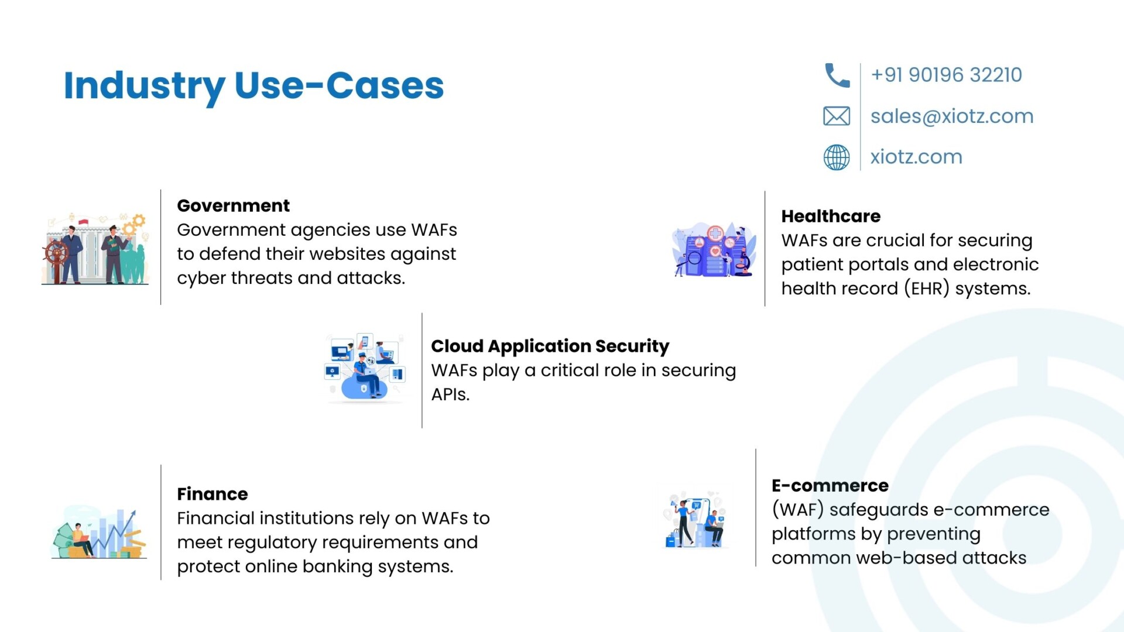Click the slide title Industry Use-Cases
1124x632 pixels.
(x=253, y=86)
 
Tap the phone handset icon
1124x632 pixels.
(x=837, y=75)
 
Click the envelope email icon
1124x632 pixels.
(x=837, y=116)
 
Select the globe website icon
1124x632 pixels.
(x=837, y=157)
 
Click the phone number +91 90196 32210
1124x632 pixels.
(x=946, y=75)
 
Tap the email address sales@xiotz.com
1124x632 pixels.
(x=952, y=116)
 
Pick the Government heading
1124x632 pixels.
(x=233, y=206)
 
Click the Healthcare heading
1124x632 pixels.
(x=831, y=217)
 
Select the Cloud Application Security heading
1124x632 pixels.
(x=550, y=346)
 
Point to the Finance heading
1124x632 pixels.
(x=212, y=494)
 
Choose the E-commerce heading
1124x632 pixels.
(x=830, y=486)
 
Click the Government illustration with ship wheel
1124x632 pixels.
(x=95, y=249)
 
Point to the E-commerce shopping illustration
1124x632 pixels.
(x=695, y=520)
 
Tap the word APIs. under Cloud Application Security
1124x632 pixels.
(x=450, y=395)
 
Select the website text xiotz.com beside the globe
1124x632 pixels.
(x=916, y=157)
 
